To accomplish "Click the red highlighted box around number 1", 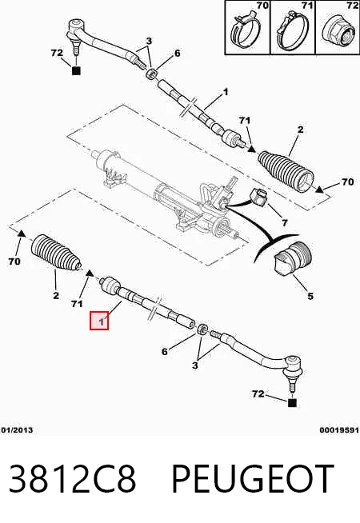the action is tap(99, 321).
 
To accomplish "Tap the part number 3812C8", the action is tap(73, 479).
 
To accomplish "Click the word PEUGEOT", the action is tap(253, 479).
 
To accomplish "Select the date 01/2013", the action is tap(17, 430).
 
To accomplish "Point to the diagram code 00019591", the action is tap(339, 430).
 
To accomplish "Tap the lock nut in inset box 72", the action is tap(338, 33).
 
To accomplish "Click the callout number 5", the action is tap(310, 296).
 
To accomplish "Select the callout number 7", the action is tap(284, 222).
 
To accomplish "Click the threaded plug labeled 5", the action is tap(293, 260).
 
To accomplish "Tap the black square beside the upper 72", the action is tap(76, 70).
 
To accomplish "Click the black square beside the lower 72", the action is tap(292, 403).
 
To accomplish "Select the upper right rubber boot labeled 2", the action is tap(286, 172).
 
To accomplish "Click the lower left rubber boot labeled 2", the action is tap(56, 254).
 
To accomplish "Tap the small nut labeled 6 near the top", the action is tap(152, 74).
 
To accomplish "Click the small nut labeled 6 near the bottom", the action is tap(202, 329).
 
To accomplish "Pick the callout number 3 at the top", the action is tap(149, 41).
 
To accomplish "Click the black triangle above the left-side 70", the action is tap(21, 234).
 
